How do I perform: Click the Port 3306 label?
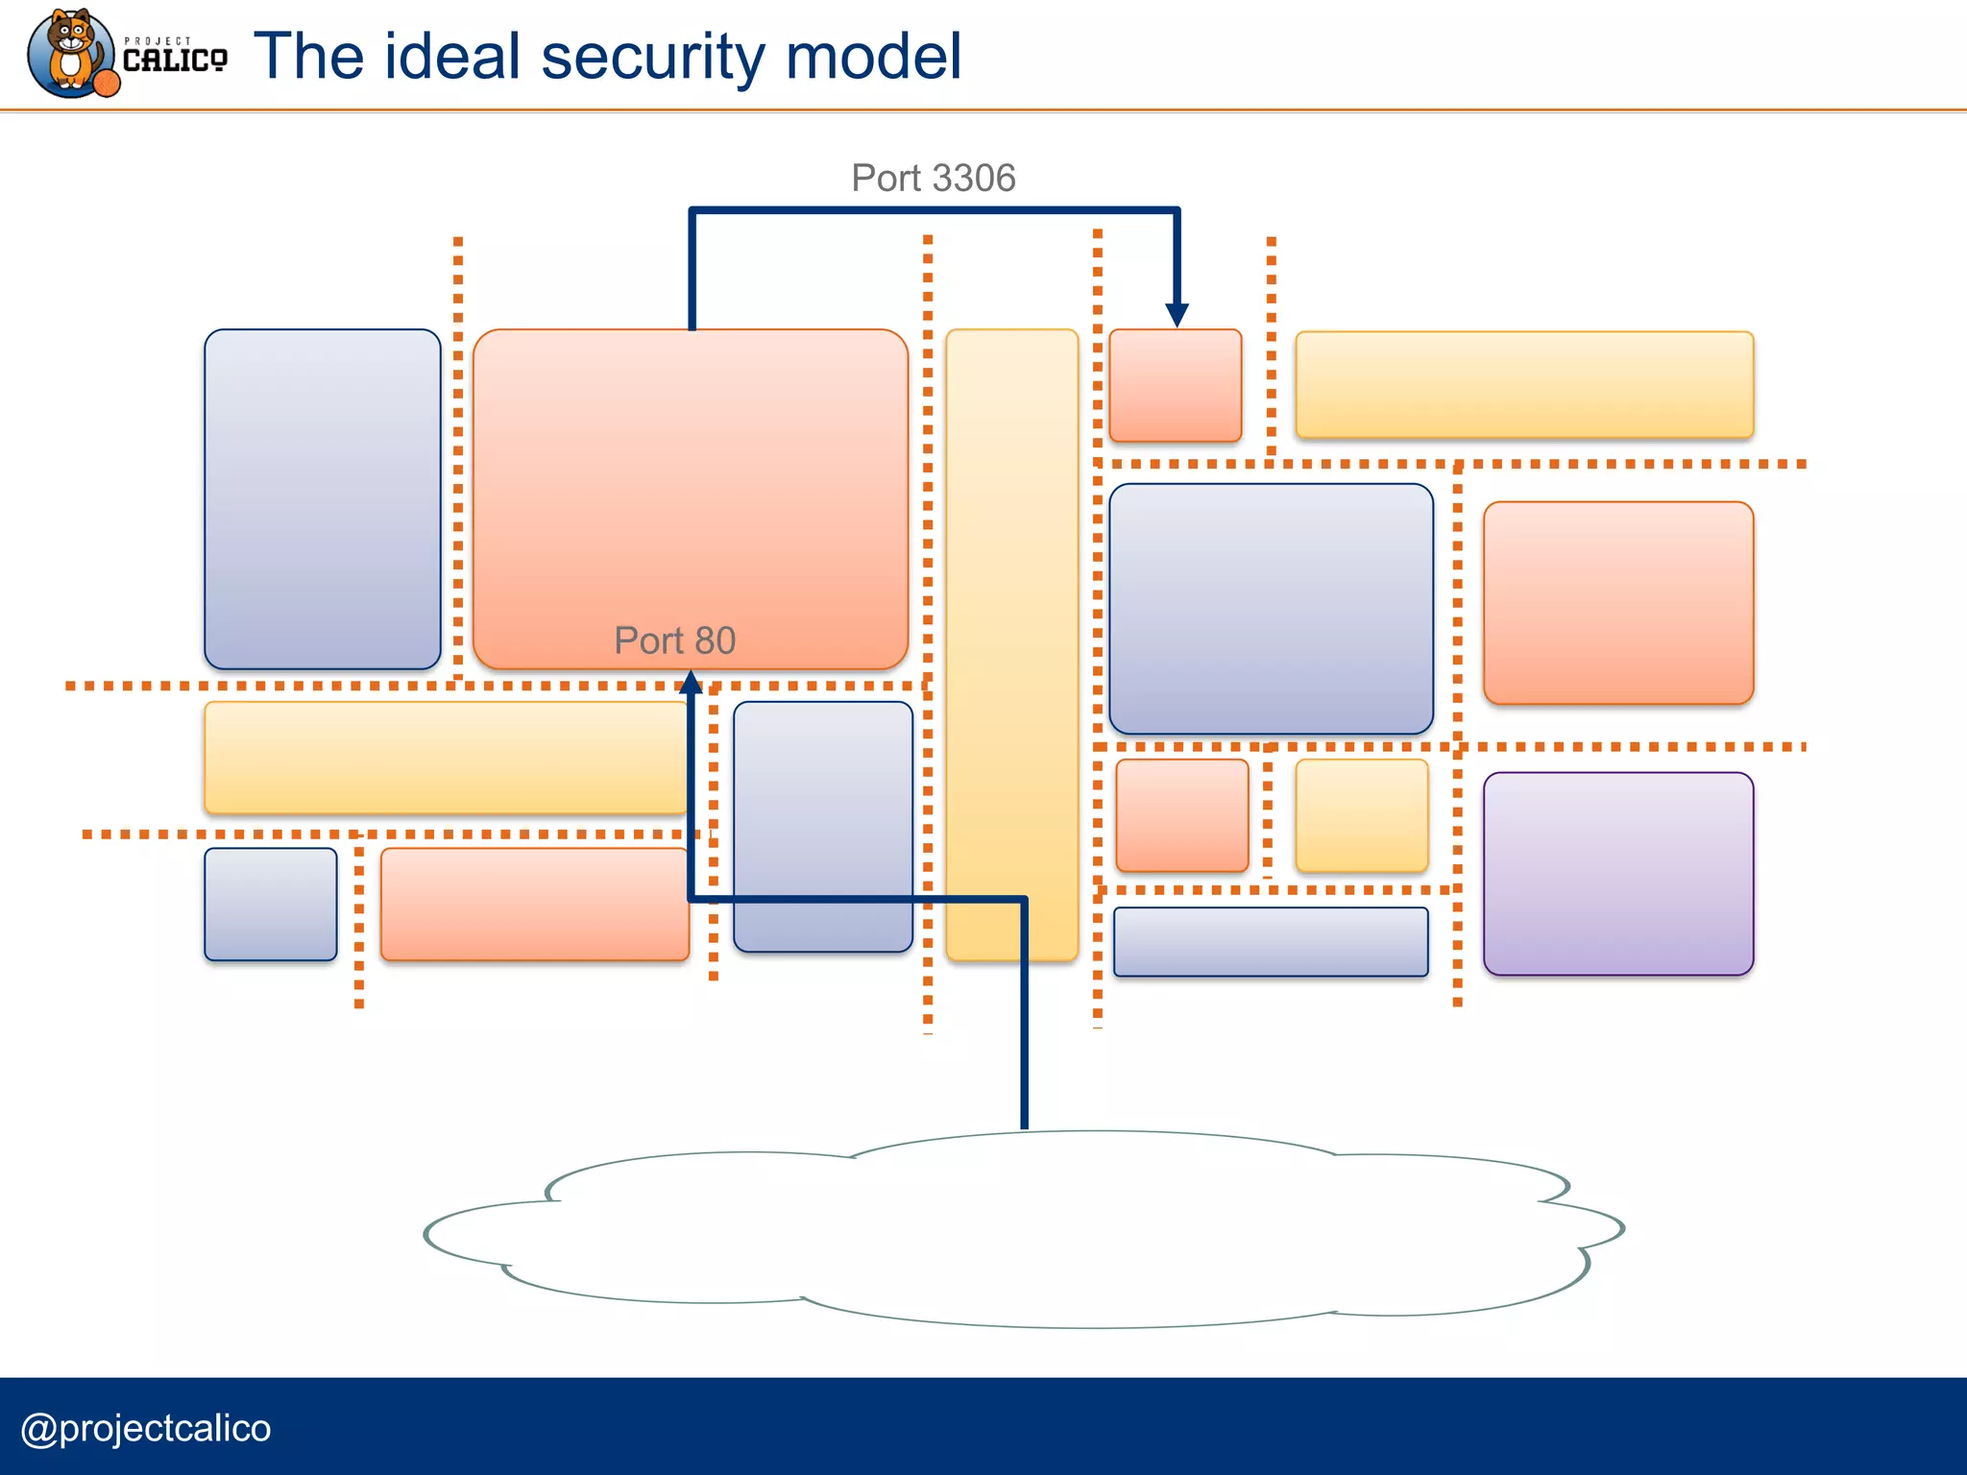click(x=933, y=179)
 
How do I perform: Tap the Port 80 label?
click(x=674, y=641)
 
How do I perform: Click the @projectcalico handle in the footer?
click(x=146, y=1428)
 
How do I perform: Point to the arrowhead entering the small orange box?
click(x=1177, y=315)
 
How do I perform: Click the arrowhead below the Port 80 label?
click(x=691, y=683)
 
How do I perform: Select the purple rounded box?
click(x=1618, y=874)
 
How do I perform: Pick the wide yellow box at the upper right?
click(x=1524, y=385)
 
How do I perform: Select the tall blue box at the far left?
click(x=322, y=499)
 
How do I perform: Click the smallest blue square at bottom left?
click(x=271, y=904)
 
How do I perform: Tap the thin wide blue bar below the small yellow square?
click(x=1270, y=942)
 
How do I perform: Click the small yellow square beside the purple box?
click(x=1361, y=815)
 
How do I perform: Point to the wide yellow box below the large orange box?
click(x=446, y=758)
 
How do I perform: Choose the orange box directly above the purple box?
click(x=1618, y=603)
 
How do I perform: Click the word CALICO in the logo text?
click(x=175, y=60)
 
